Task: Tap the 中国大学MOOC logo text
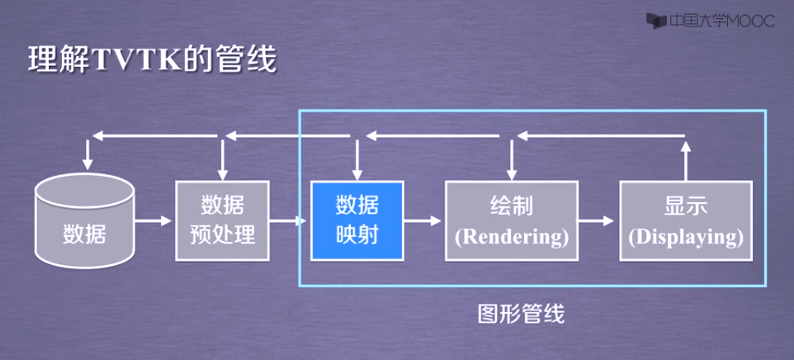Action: (x=721, y=21)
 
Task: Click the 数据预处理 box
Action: (x=222, y=220)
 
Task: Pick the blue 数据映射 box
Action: (x=357, y=220)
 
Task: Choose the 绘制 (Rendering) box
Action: (x=512, y=220)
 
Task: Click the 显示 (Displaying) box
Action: (x=686, y=220)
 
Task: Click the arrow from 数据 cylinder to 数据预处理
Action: (x=154, y=221)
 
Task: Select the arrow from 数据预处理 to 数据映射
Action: (x=289, y=221)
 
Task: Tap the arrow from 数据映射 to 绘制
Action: (x=423, y=221)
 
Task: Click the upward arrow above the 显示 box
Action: (x=685, y=157)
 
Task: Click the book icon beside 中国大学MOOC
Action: (x=655, y=21)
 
